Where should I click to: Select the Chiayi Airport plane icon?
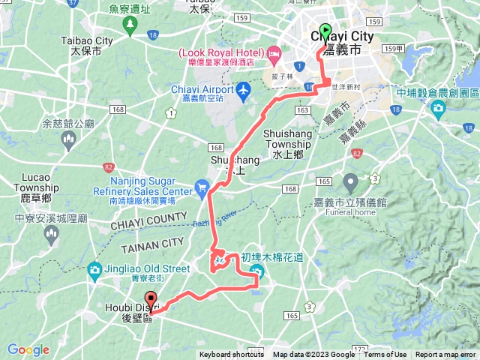pos(242,91)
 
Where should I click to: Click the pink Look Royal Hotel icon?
pos(274,53)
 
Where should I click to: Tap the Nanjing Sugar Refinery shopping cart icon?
pos(201,187)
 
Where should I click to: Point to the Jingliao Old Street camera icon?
pos(94,269)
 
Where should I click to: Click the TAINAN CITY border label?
pos(152,242)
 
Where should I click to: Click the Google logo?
pos(28,349)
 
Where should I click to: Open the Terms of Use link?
pos(385,355)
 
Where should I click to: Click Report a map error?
pos(445,355)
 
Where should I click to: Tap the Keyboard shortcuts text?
pos(232,355)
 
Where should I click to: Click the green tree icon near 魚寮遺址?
pos(133,25)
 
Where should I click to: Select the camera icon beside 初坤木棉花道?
pos(257,270)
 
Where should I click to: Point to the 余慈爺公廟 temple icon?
pos(68,138)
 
